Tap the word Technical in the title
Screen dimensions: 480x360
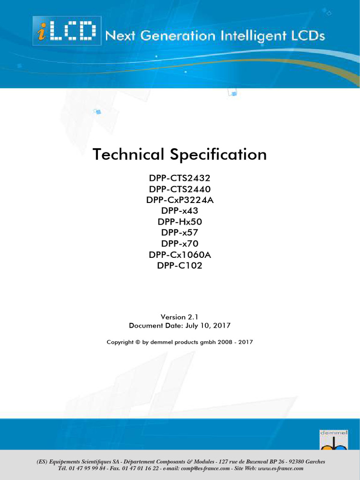point(128,154)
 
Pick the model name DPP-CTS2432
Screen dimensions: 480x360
point(180,178)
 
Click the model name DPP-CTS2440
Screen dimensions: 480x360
point(180,189)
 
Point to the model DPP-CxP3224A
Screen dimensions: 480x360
point(180,200)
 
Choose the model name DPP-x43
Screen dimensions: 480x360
point(180,211)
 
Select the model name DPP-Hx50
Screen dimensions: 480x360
point(180,222)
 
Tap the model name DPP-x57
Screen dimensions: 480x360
point(180,233)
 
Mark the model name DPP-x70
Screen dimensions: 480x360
point(180,244)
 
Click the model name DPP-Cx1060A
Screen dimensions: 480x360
point(180,255)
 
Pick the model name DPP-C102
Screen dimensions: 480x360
point(180,266)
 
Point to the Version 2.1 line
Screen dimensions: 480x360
point(180,317)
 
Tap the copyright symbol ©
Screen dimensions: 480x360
point(137,342)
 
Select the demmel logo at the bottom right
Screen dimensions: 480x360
point(333,439)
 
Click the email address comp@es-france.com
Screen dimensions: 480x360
point(203,469)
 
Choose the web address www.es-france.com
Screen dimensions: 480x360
point(280,469)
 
